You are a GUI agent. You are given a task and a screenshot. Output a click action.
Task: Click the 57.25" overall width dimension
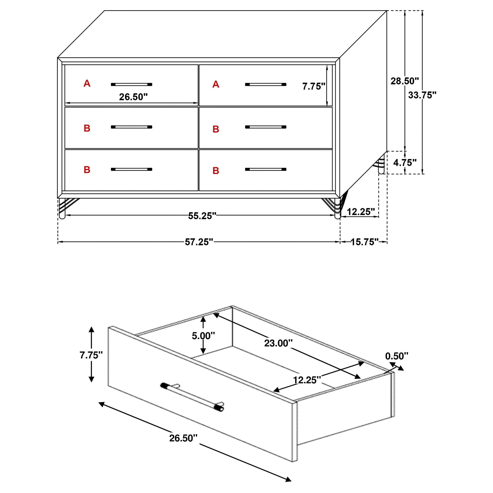pyautogui.click(x=199, y=242)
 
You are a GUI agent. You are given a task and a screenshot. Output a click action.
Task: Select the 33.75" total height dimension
pyautogui.click(x=422, y=95)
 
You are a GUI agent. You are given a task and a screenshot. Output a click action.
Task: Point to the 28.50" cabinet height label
pyautogui.click(x=405, y=81)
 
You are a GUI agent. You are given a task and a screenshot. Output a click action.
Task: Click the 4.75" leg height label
pyautogui.click(x=405, y=162)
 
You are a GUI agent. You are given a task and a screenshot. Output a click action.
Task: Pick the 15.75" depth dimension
pyautogui.click(x=364, y=242)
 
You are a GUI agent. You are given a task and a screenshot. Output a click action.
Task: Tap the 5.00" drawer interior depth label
pyautogui.click(x=203, y=336)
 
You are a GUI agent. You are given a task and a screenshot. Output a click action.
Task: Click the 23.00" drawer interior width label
pyautogui.click(x=278, y=343)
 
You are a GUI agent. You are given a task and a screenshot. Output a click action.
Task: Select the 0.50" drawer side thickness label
pyautogui.click(x=396, y=356)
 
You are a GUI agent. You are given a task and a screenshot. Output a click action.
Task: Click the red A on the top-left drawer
pyautogui.click(x=87, y=83)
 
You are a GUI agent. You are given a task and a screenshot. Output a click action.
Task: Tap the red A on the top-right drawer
pyautogui.click(x=216, y=84)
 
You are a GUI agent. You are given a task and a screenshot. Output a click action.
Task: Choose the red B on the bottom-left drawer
pyautogui.click(x=87, y=169)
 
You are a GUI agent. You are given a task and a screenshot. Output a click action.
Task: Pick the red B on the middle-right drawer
pyautogui.click(x=216, y=129)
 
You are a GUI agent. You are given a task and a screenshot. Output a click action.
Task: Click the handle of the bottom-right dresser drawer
pyautogui.click(x=266, y=169)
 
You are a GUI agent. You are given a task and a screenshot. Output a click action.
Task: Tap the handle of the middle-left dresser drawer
pyautogui.click(x=131, y=127)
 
